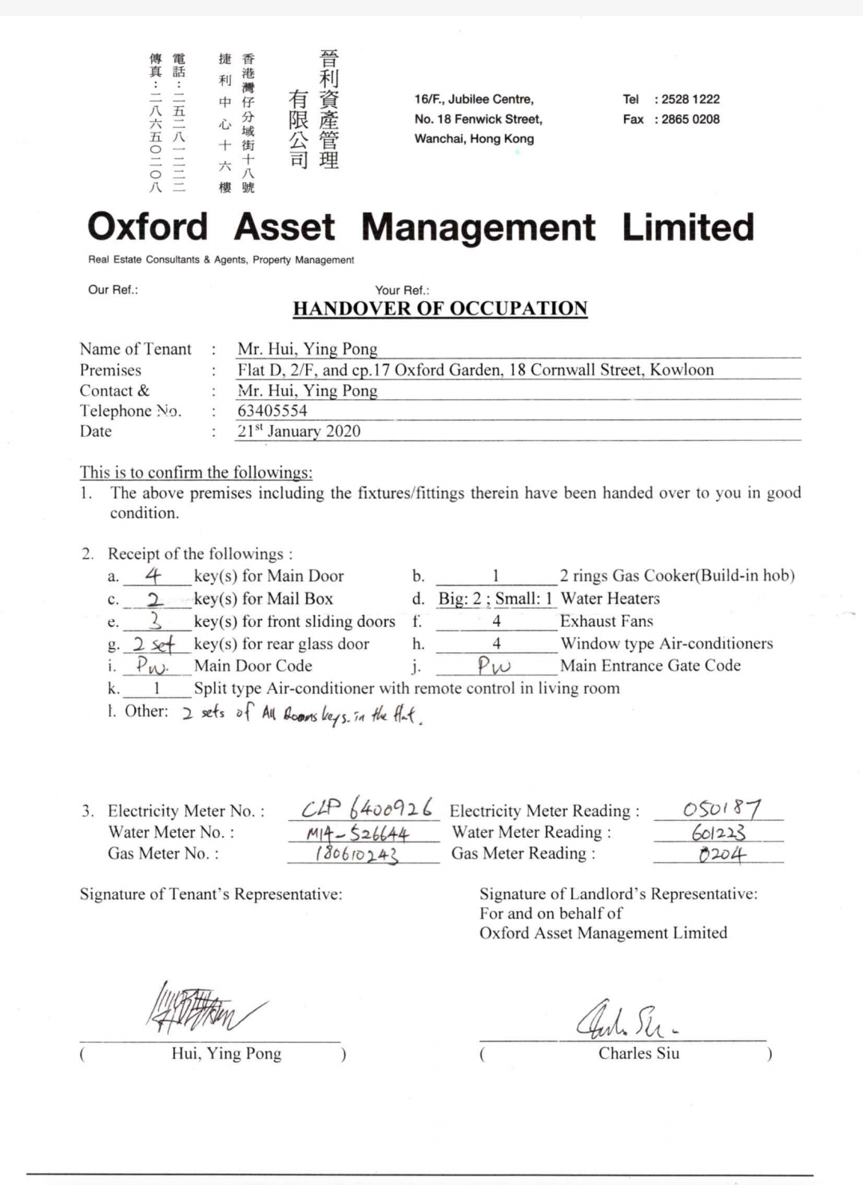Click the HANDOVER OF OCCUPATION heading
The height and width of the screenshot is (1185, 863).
pos(440,309)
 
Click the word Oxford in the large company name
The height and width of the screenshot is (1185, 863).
pos(148,227)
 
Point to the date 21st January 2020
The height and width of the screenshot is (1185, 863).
pos(299,431)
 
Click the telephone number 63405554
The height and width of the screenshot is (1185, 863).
pos(272,410)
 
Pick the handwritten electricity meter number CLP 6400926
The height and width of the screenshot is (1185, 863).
pos(368,808)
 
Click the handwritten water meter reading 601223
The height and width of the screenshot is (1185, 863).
pos(718,832)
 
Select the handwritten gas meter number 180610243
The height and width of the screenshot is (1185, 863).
pos(356,854)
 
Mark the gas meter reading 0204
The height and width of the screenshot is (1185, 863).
pos(722,854)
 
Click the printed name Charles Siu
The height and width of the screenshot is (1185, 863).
pos(638,1053)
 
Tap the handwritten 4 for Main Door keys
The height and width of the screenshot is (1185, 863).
pos(153,575)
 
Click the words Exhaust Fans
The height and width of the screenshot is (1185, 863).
pos(606,621)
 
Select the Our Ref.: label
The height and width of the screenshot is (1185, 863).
pos(113,290)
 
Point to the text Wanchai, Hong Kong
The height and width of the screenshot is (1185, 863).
pos(474,138)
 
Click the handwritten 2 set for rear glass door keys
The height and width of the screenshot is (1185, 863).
pos(153,644)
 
